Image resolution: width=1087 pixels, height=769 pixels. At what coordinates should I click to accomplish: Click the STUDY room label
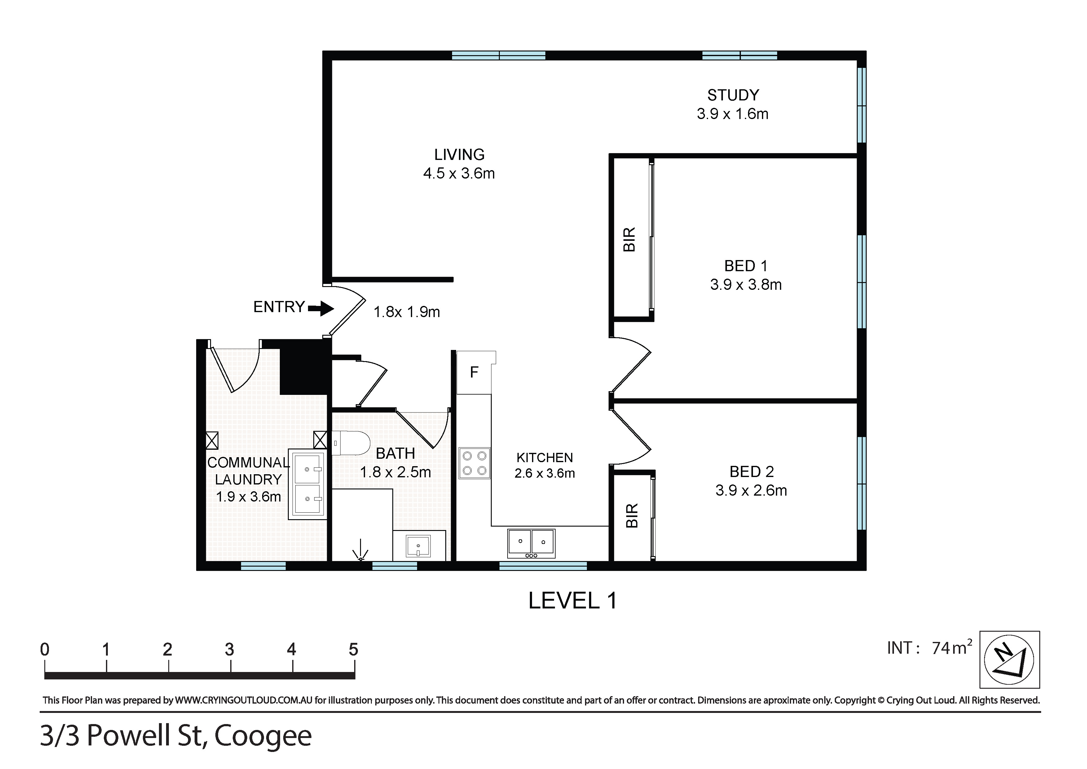733,95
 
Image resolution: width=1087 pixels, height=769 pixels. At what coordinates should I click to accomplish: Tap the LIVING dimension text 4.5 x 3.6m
459,173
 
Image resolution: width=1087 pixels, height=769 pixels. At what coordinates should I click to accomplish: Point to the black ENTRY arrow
321,309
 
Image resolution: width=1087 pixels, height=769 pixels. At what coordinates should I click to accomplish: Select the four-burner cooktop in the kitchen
474,463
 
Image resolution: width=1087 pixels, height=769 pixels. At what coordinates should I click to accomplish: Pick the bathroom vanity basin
419,546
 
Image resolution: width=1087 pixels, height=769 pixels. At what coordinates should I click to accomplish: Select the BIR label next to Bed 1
629,240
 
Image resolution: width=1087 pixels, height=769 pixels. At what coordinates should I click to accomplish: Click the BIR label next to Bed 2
632,516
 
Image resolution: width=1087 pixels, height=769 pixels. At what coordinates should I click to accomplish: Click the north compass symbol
1009,659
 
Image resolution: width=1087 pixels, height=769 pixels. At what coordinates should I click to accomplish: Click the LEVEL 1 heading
573,601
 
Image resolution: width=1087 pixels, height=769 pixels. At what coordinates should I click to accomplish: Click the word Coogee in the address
263,737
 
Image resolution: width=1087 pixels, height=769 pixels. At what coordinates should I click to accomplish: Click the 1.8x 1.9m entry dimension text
407,312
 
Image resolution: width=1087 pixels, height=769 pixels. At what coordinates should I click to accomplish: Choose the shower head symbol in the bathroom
361,551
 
